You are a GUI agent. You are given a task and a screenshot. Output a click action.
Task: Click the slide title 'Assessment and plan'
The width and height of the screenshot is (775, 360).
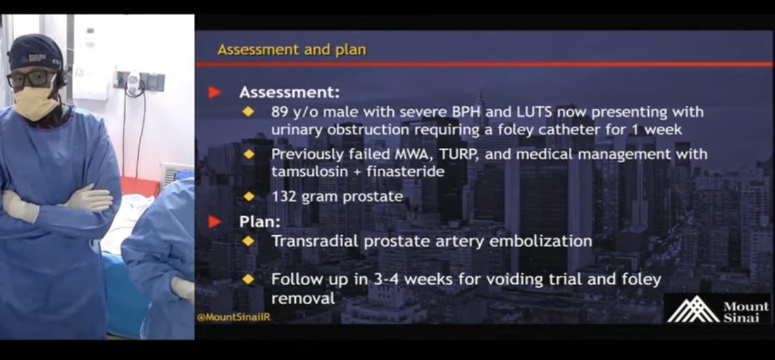[292, 50]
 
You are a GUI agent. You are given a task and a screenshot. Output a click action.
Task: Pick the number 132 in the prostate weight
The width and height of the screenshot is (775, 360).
[285, 196]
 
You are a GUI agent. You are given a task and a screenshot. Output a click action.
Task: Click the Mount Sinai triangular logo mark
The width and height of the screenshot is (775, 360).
[693, 309]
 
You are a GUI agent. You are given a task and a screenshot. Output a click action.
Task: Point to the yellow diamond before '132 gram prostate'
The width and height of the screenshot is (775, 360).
[248, 196]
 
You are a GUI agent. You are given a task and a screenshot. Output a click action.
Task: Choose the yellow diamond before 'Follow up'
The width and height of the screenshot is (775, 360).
[248, 279]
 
